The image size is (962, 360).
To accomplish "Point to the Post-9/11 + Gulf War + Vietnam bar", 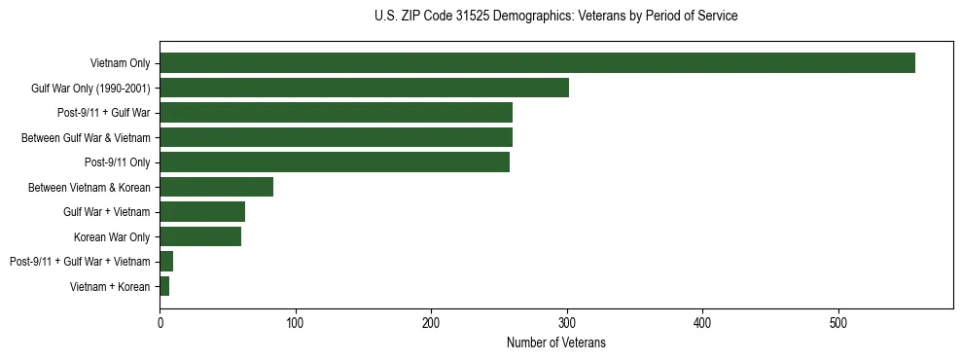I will click(166, 262).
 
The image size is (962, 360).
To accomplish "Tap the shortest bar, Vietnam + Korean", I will click(164, 286).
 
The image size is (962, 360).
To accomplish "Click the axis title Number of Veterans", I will click(555, 343).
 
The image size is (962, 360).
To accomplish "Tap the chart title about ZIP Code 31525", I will click(555, 16).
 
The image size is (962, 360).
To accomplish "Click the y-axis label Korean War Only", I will click(111, 236).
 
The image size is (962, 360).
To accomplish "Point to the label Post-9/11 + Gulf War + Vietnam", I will click(80, 262).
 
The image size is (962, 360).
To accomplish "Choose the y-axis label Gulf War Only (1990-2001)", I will click(89, 89).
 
